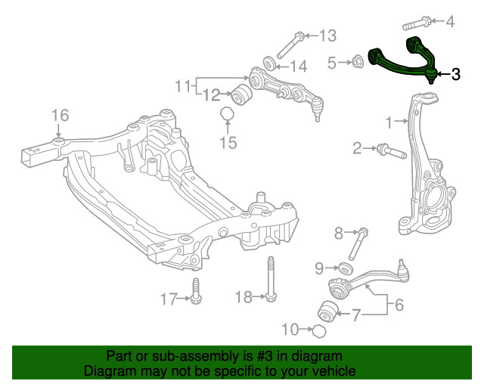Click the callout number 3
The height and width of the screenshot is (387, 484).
click(455, 75)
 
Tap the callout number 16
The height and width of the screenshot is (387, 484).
click(60, 115)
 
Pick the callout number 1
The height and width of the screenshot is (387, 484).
click(390, 122)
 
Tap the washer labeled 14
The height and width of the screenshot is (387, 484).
click(268, 63)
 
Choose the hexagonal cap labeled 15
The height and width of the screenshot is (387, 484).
click(226, 114)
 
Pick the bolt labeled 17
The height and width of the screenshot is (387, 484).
click(197, 292)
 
